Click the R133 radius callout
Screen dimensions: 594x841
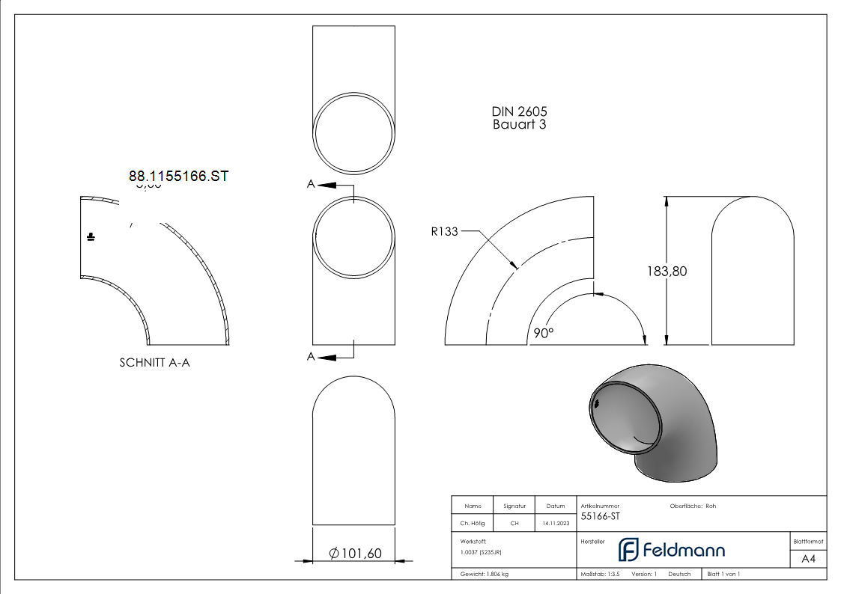pyautogui.click(x=444, y=232)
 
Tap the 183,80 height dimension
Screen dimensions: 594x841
pyautogui.click(x=667, y=272)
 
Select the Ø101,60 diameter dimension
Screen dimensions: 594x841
pyautogui.click(x=355, y=554)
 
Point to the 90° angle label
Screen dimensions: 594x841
pyautogui.click(x=544, y=333)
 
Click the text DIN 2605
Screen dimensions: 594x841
pyautogui.click(x=519, y=111)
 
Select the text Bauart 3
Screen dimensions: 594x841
pyautogui.click(x=519, y=125)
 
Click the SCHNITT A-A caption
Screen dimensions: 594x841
pyautogui.click(x=155, y=363)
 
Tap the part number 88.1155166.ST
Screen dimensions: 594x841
pyautogui.click(x=178, y=177)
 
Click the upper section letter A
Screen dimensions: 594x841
pyautogui.click(x=311, y=184)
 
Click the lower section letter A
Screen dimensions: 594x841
pyautogui.click(x=311, y=357)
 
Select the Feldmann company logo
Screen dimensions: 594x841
pyautogui.click(x=671, y=551)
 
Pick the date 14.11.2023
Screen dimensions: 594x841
pyautogui.click(x=555, y=524)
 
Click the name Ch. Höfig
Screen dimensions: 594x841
pyautogui.click(x=473, y=524)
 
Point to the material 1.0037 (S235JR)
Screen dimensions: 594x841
pyautogui.click(x=481, y=552)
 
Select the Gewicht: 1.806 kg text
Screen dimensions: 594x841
pyautogui.click(x=485, y=574)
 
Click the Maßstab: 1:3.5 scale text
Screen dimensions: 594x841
pyautogui.click(x=601, y=574)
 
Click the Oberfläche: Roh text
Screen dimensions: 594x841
pyautogui.click(x=693, y=506)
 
